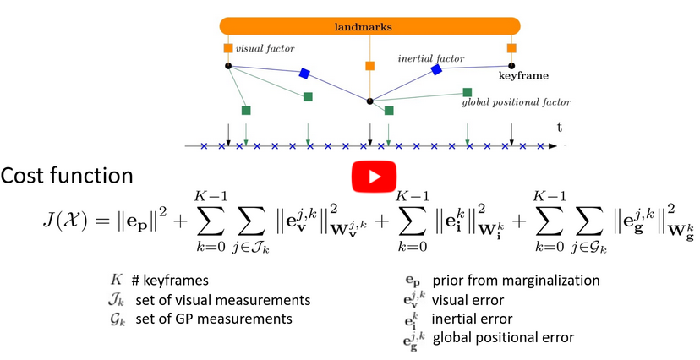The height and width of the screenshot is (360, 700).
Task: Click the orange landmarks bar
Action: tap(369, 27)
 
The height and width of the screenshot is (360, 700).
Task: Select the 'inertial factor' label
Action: tap(431, 58)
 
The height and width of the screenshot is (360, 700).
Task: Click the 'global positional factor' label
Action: tap(516, 102)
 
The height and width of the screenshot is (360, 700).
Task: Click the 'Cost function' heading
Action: tap(67, 176)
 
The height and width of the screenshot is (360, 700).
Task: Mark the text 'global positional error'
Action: tap(503, 338)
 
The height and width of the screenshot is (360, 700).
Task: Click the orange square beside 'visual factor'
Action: tap(228, 48)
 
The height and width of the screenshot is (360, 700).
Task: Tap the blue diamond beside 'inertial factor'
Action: tap(436, 69)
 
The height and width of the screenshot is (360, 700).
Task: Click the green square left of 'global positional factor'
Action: tap(468, 92)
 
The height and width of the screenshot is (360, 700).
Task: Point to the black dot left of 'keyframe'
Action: tap(511, 65)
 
